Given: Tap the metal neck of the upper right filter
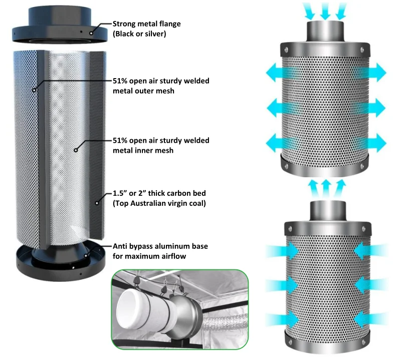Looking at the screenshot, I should [325, 32].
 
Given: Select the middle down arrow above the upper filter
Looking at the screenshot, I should [325, 10].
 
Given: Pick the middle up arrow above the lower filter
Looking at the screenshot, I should [325, 187].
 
